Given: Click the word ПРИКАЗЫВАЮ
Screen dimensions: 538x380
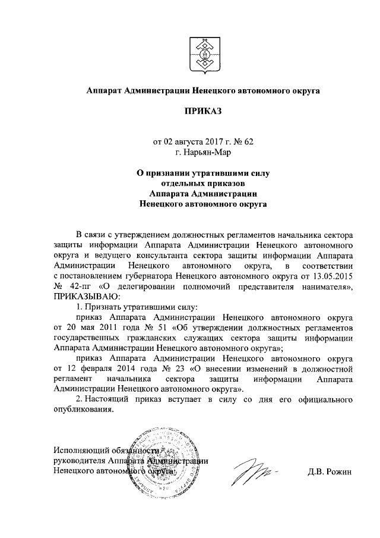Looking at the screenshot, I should click(87, 296).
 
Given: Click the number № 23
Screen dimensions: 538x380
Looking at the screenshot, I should click(169, 369).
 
